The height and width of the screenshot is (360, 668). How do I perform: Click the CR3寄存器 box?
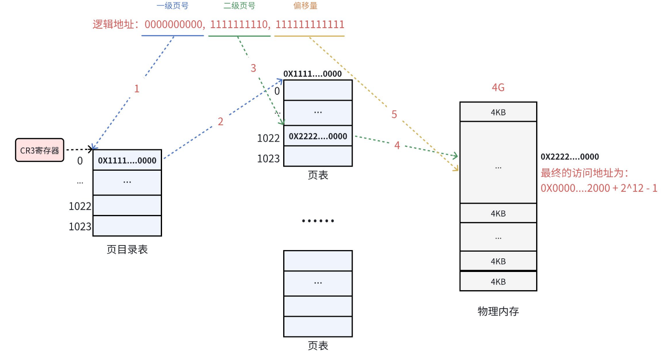click(40, 150)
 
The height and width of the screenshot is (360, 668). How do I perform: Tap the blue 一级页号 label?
click(172, 6)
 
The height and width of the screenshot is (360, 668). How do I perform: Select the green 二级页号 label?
click(239, 6)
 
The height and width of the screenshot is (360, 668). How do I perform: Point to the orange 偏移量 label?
click(305, 6)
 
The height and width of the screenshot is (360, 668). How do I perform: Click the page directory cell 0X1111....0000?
click(127, 160)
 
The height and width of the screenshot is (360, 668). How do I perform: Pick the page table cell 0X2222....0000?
click(318, 136)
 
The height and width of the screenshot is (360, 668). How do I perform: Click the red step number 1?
click(137, 89)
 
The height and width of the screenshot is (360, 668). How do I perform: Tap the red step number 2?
click(220, 122)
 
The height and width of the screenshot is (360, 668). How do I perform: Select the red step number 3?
click(253, 68)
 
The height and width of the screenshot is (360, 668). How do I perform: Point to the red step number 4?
click(397, 145)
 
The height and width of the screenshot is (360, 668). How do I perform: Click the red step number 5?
click(394, 114)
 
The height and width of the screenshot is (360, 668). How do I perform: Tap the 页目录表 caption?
click(127, 250)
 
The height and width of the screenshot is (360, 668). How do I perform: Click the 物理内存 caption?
click(498, 311)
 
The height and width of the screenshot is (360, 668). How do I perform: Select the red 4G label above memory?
click(498, 88)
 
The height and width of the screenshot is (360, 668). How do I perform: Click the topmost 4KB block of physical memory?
click(498, 112)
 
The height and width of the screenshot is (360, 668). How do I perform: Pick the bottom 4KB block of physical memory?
click(498, 281)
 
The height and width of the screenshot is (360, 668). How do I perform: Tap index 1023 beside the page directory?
click(80, 226)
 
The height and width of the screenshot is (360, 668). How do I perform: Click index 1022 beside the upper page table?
click(268, 138)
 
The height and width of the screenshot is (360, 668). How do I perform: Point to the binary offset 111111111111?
click(310, 24)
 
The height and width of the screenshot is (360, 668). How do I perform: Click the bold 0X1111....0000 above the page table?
click(312, 74)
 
